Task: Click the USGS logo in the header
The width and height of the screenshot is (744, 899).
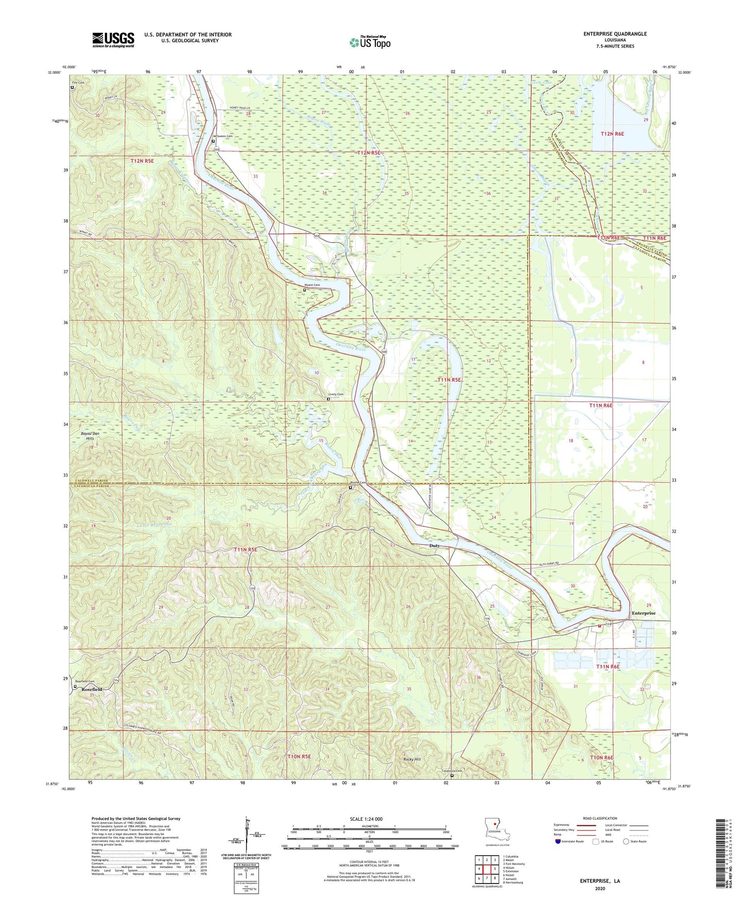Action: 113,40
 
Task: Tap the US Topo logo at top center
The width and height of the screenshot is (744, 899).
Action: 370,42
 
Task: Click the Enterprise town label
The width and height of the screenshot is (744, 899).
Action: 644,613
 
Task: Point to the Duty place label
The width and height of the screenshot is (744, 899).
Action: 435,545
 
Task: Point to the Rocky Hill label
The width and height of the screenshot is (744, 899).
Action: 412,759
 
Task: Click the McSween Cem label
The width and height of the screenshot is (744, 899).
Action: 223,136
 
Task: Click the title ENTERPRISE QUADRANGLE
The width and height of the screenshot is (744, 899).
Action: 615,34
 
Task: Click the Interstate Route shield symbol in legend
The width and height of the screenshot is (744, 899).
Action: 559,841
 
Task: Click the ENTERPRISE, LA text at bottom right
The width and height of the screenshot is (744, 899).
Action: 600,881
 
